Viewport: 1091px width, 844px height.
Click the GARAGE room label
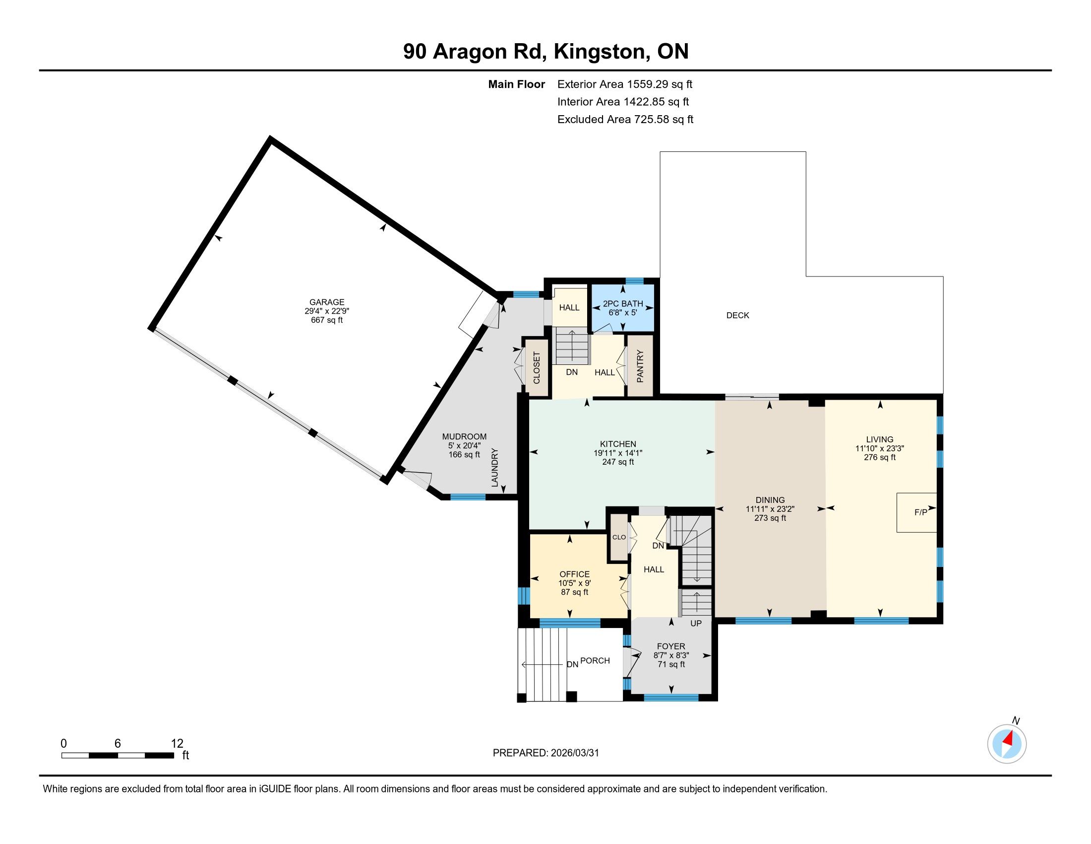click(327, 302)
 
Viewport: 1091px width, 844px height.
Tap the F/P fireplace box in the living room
click(916, 512)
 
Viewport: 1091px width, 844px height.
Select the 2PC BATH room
click(622, 308)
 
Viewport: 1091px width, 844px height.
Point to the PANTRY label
click(640, 366)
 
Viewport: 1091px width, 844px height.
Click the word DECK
click(738, 315)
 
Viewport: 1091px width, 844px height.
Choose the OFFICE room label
click(574, 574)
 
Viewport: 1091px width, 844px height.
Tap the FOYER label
click(671, 646)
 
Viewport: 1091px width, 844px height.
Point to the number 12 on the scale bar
click(177, 743)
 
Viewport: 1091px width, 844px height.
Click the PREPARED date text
click(545, 753)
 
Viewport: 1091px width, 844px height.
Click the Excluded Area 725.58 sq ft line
click(625, 120)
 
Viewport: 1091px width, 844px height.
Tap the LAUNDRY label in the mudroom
click(494, 468)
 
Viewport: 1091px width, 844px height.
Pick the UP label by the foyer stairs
click(696, 624)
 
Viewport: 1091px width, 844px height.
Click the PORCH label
click(595, 660)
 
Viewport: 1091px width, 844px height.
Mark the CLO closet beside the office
click(619, 537)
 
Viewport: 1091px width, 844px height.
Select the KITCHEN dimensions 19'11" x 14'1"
click(618, 453)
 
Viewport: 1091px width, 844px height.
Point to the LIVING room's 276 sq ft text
click(880, 457)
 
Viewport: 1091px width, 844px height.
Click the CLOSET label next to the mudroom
click(537, 367)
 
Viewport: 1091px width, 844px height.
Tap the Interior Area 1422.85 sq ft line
click(623, 102)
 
